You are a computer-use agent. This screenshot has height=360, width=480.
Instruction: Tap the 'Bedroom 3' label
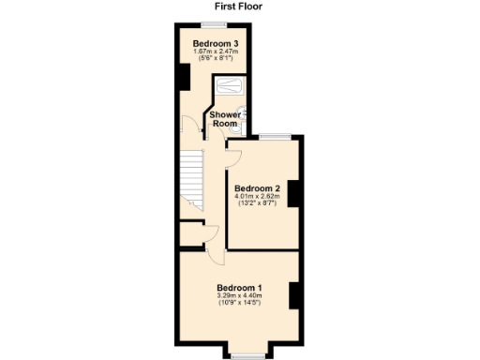(215, 44)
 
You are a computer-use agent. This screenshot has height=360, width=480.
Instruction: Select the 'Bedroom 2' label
(257, 187)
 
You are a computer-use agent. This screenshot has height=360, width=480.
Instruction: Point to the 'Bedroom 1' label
(239, 287)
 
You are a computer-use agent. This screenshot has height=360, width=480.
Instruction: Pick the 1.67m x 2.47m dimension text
(215, 53)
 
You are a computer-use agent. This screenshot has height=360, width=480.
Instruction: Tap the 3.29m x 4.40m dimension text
(239, 297)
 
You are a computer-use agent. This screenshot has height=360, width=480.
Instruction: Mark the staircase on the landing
(191, 177)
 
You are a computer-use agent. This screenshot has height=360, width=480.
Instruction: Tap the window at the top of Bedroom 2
(273, 138)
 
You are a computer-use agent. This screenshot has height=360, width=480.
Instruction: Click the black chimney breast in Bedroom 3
(182, 77)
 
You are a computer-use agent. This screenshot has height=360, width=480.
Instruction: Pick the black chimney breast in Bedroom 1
(293, 294)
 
